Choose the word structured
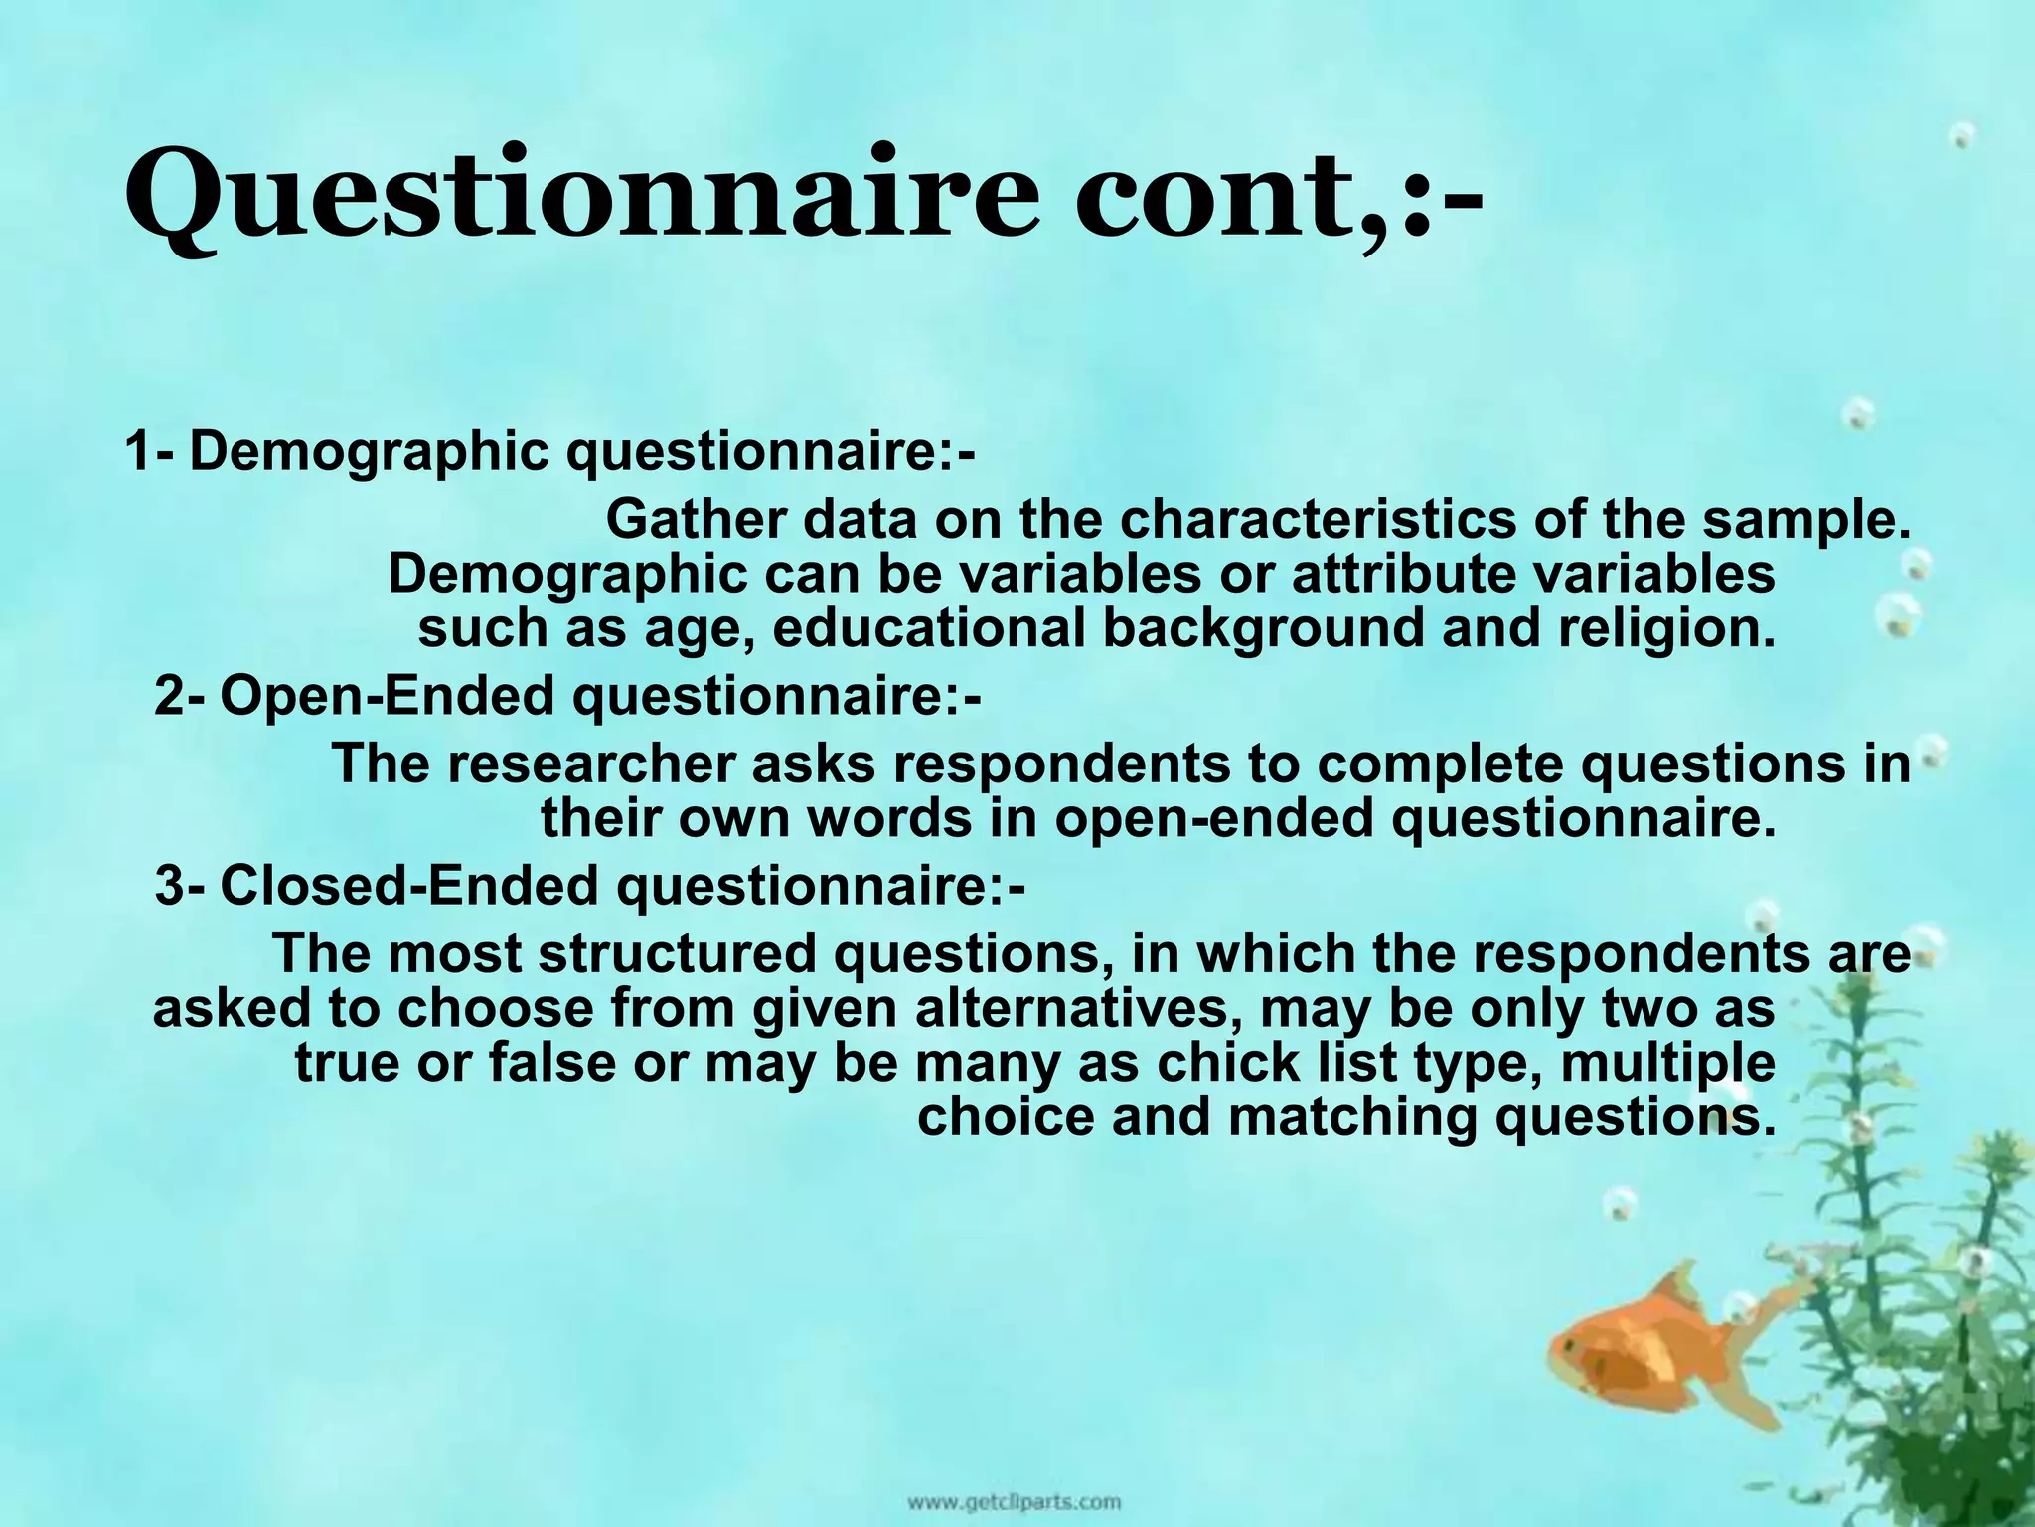[x=677, y=953]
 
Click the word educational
[x=928, y=629]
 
